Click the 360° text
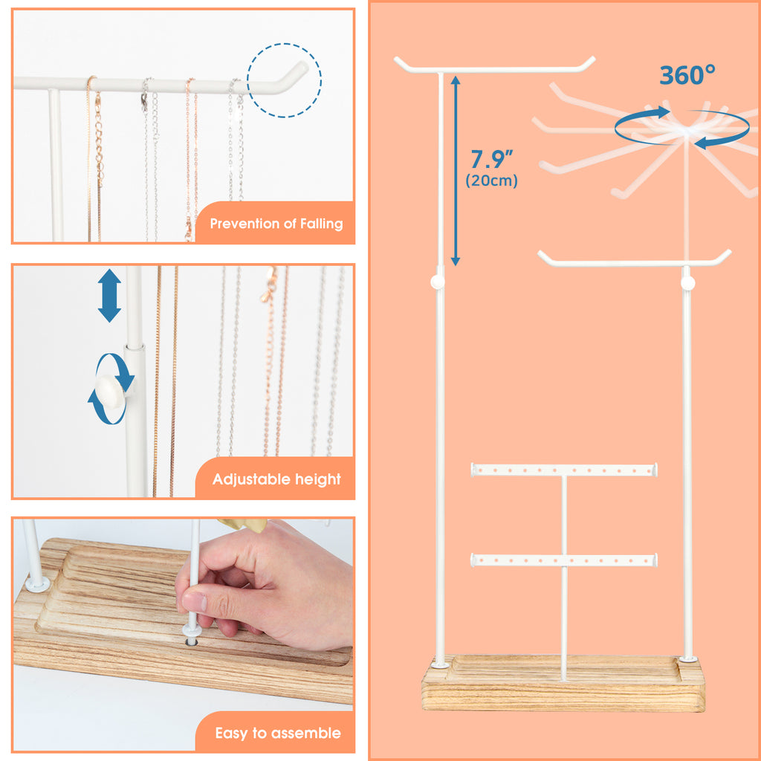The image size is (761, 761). pos(687,75)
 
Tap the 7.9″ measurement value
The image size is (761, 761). pos(492,159)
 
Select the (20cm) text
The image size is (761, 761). pos(492,181)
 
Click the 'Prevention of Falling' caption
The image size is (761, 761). pos(276,224)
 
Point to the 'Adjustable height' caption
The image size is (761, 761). pos(276,479)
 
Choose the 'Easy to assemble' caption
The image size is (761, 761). pos(278,733)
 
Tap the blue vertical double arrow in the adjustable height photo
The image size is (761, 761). pos(110,296)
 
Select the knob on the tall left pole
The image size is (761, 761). pos(437,282)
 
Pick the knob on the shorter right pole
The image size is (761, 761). pos(688,283)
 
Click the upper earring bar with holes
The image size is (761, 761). pos(564,470)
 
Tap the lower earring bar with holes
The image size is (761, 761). pos(564,560)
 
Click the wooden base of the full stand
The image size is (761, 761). pos(563,684)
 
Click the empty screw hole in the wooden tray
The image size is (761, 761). pos(192,642)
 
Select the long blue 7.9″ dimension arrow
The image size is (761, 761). pos(456,171)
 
